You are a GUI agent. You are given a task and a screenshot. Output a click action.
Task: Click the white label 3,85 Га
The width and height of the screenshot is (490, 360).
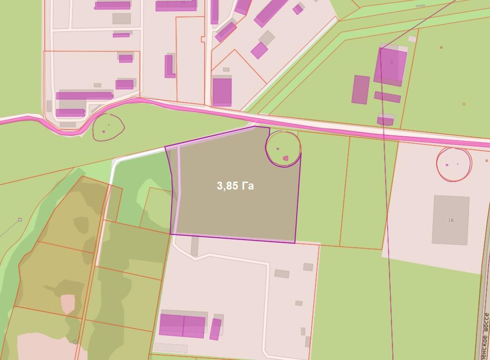(235, 186)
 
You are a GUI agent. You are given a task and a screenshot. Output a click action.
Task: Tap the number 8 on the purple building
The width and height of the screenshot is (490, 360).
(391, 62)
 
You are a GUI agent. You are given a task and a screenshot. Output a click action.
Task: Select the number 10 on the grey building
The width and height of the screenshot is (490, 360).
(450, 220)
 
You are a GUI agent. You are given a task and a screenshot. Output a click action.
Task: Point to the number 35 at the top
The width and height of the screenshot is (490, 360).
(182, 3)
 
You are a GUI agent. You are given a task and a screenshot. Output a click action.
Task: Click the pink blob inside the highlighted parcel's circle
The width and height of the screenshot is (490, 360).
(285, 158)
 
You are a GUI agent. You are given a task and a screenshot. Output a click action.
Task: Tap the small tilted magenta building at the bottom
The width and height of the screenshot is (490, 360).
(215, 329)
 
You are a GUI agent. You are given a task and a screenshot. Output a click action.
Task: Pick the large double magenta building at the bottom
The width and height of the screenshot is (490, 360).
(182, 325)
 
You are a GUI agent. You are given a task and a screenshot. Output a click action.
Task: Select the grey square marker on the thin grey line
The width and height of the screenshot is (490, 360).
(20, 219)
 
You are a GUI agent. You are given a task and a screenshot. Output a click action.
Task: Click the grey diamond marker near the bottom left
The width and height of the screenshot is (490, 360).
(75, 342)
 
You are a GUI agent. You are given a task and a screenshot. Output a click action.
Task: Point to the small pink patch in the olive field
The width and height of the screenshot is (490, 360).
(68, 304)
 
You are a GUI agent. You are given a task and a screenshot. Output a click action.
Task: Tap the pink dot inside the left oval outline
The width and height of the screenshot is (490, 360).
(104, 131)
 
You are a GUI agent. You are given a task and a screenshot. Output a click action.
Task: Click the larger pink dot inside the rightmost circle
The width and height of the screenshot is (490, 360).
(447, 165)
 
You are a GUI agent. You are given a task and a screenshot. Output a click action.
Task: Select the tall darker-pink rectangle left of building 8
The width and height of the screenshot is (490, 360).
(361, 90)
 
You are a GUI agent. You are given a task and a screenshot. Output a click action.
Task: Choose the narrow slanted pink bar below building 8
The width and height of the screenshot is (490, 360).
(387, 97)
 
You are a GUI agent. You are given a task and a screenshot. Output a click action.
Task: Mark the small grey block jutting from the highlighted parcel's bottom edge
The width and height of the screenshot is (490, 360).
(194, 246)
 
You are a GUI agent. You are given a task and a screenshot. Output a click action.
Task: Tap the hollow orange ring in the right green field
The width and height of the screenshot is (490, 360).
(464, 104)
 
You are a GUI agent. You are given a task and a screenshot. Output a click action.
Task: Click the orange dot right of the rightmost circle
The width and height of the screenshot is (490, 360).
(487, 161)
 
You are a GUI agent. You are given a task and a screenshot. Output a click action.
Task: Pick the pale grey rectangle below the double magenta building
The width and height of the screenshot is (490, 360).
(170, 348)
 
